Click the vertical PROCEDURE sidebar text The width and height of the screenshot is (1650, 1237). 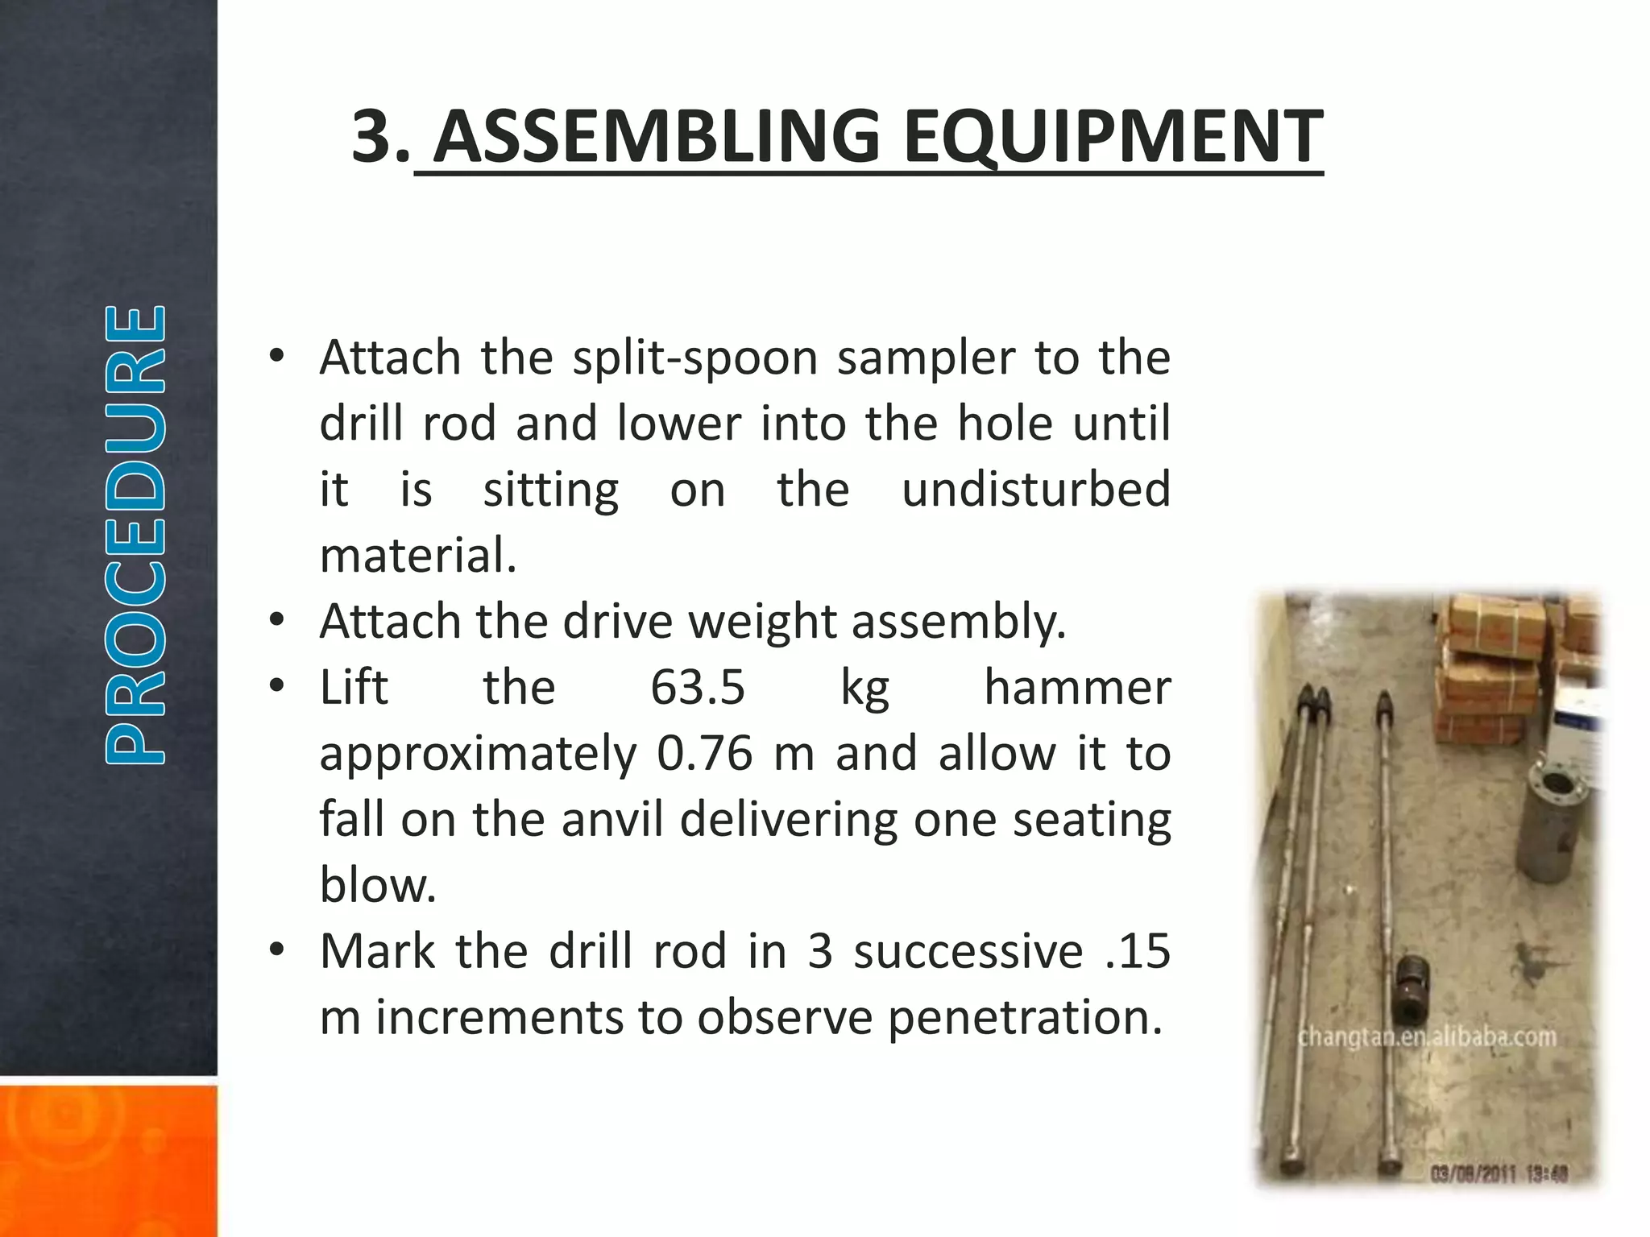[x=135, y=535]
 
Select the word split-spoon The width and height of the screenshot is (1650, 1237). [x=694, y=358]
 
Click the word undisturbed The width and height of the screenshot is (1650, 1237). [x=1035, y=490]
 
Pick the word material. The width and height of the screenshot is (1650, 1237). [x=417, y=556]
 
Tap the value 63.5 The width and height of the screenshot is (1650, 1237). [x=698, y=688]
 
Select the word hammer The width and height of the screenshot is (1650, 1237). [x=1077, y=688]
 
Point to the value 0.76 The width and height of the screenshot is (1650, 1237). [x=705, y=754]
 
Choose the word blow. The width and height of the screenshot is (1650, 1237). [x=377, y=886]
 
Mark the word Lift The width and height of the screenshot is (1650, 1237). [x=354, y=688]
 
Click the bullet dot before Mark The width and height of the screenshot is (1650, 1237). [x=277, y=950]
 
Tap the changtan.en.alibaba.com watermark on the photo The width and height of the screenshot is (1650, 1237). [x=1427, y=1037]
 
